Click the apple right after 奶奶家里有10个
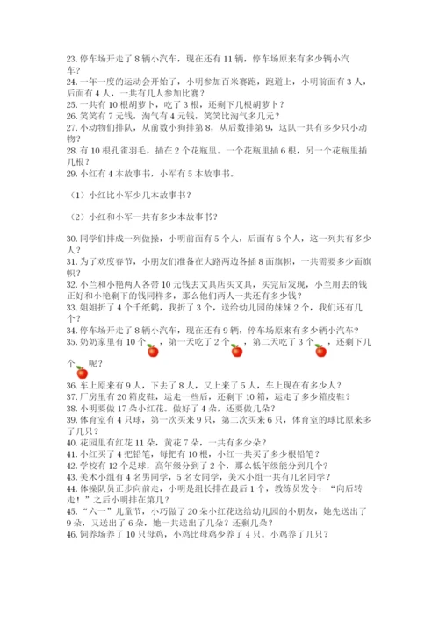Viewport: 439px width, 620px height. [152, 351]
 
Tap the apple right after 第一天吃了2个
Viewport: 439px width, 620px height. [235, 351]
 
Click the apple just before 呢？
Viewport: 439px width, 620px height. [82, 373]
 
